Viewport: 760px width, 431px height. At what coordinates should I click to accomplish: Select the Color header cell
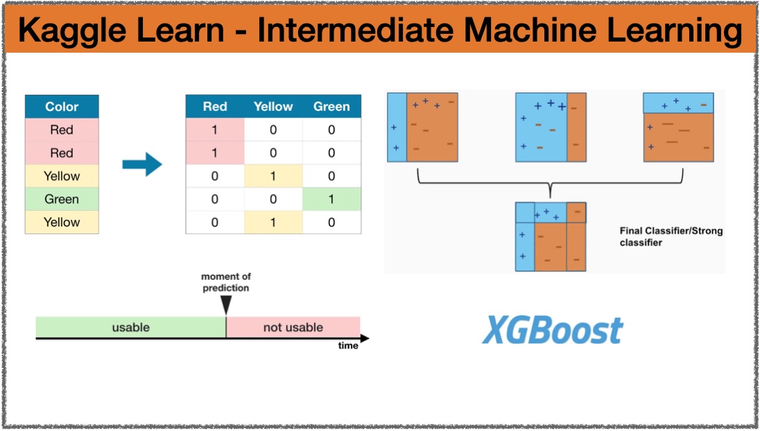62,107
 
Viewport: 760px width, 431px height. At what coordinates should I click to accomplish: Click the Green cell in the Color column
62,199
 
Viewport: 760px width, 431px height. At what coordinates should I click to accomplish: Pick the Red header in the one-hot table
215,107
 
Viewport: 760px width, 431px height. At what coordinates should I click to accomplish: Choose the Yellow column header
273,107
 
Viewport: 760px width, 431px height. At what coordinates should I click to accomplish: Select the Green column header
331,107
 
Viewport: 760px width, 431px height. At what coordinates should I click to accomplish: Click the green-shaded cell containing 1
331,199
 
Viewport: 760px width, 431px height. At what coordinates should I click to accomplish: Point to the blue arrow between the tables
142,164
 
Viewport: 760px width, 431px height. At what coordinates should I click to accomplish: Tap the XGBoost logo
553,331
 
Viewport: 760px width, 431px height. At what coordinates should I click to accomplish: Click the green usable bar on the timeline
131,327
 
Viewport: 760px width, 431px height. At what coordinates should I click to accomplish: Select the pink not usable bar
293,327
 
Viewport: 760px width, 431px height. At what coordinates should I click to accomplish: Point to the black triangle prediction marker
226,305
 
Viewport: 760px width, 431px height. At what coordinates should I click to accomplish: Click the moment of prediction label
226,282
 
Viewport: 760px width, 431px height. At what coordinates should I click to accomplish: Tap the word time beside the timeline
348,345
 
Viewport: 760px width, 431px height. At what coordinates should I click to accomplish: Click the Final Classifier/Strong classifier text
671,236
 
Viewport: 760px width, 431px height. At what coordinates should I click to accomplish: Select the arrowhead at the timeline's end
365,339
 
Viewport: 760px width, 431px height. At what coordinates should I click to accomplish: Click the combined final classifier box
551,236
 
